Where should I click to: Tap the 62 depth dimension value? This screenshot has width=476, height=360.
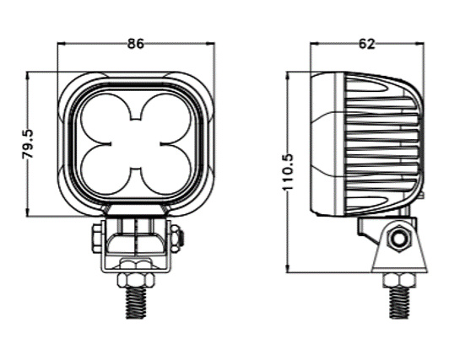366,43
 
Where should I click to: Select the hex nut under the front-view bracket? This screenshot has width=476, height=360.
135,278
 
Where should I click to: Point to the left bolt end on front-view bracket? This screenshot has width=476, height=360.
96,238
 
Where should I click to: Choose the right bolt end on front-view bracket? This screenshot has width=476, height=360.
176,238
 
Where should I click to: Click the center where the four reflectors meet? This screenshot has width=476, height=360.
135,142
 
